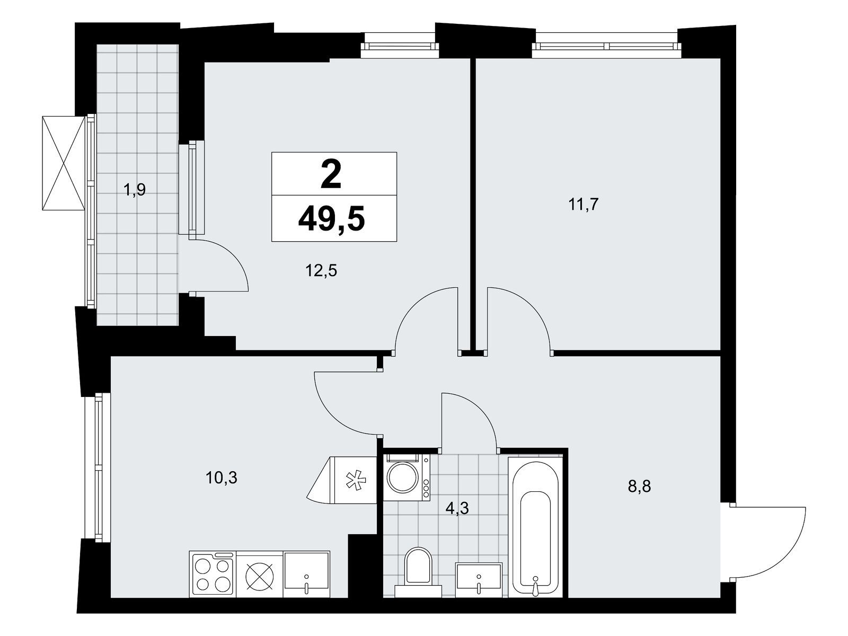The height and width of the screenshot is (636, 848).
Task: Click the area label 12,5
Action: (x=321, y=271)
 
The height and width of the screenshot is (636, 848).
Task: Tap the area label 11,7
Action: (x=584, y=204)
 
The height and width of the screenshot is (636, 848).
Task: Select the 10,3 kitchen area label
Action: (x=222, y=478)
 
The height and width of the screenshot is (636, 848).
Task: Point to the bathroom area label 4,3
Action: (x=457, y=509)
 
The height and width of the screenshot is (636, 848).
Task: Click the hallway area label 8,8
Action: (x=639, y=487)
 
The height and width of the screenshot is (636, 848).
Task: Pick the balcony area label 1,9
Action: (x=134, y=190)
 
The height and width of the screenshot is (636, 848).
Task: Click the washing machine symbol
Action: (x=407, y=478)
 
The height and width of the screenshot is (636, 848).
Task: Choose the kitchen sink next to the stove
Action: (x=306, y=574)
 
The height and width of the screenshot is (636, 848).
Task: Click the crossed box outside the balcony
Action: (x=64, y=163)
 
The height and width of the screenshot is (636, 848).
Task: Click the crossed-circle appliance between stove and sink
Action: (x=260, y=574)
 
